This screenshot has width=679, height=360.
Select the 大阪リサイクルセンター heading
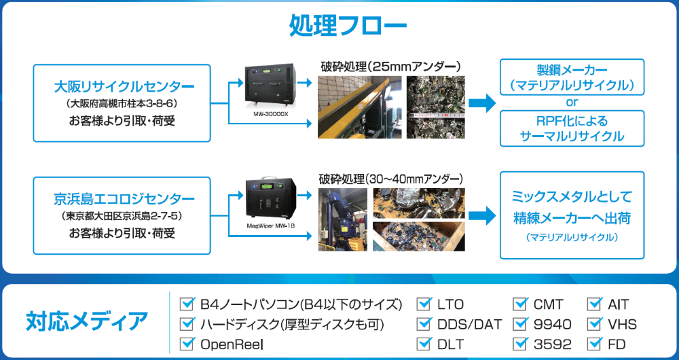coord(124,87)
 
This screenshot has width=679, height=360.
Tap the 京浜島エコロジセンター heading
coord(124,200)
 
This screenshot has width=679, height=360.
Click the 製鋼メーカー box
coord(572,77)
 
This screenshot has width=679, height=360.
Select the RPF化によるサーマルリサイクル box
coord(572,128)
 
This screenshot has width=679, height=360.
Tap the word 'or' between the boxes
coord(572,103)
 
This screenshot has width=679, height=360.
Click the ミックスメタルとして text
coord(572,197)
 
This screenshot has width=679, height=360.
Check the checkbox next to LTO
coord(424,304)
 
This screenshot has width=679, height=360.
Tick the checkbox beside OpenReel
coord(187,344)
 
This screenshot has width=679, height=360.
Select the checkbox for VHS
coord(594,323)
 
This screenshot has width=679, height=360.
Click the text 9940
coord(552,324)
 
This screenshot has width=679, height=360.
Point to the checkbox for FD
coord(594,344)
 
